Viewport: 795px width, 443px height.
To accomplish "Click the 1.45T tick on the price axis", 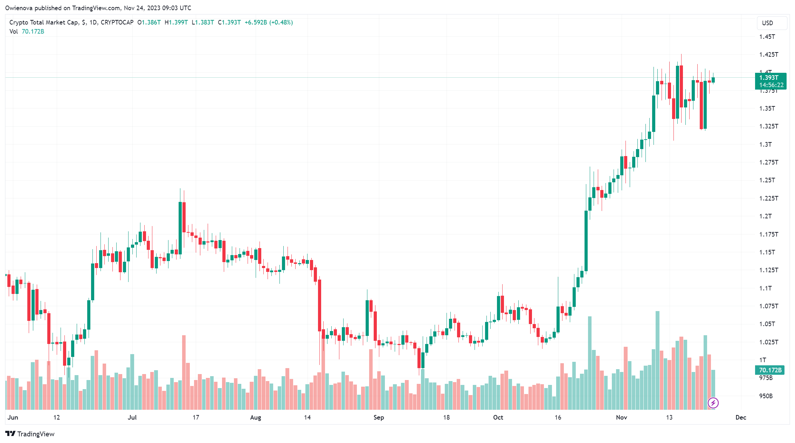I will click(x=767, y=37).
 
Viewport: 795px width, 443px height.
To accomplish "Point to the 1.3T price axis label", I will click(x=765, y=145).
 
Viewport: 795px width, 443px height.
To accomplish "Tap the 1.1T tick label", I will click(x=765, y=288).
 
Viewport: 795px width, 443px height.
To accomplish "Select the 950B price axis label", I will click(x=766, y=396).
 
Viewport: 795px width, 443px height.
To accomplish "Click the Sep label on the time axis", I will click(x=379, y=417).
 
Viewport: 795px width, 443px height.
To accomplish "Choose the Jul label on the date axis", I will click(x=132, y=417).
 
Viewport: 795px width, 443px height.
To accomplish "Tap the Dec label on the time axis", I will click(x=741, y=417).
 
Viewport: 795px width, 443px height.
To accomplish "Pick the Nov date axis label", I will click(x=621, y=417).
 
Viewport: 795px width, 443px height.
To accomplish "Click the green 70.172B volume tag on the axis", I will click(x=770, y=370).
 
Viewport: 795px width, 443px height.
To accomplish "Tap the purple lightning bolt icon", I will click(x=713, y=403).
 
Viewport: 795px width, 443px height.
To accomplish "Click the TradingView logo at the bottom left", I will click(x=30, y=434).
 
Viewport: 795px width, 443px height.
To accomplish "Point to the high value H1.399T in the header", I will click(x=176, y=22).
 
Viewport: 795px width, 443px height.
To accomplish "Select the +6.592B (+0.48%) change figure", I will click(x=269, y=22).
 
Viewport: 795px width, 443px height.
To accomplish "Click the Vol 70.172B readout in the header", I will click(x=27, y=31).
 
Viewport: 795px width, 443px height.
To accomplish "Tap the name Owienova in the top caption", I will click(x=19, y=8).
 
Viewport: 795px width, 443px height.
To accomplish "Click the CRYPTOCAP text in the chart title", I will click(x=117, y=22).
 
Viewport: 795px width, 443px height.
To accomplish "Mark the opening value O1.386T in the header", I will click(x=149, y=22).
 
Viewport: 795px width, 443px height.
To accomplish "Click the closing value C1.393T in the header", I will click(x=229, y=22).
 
